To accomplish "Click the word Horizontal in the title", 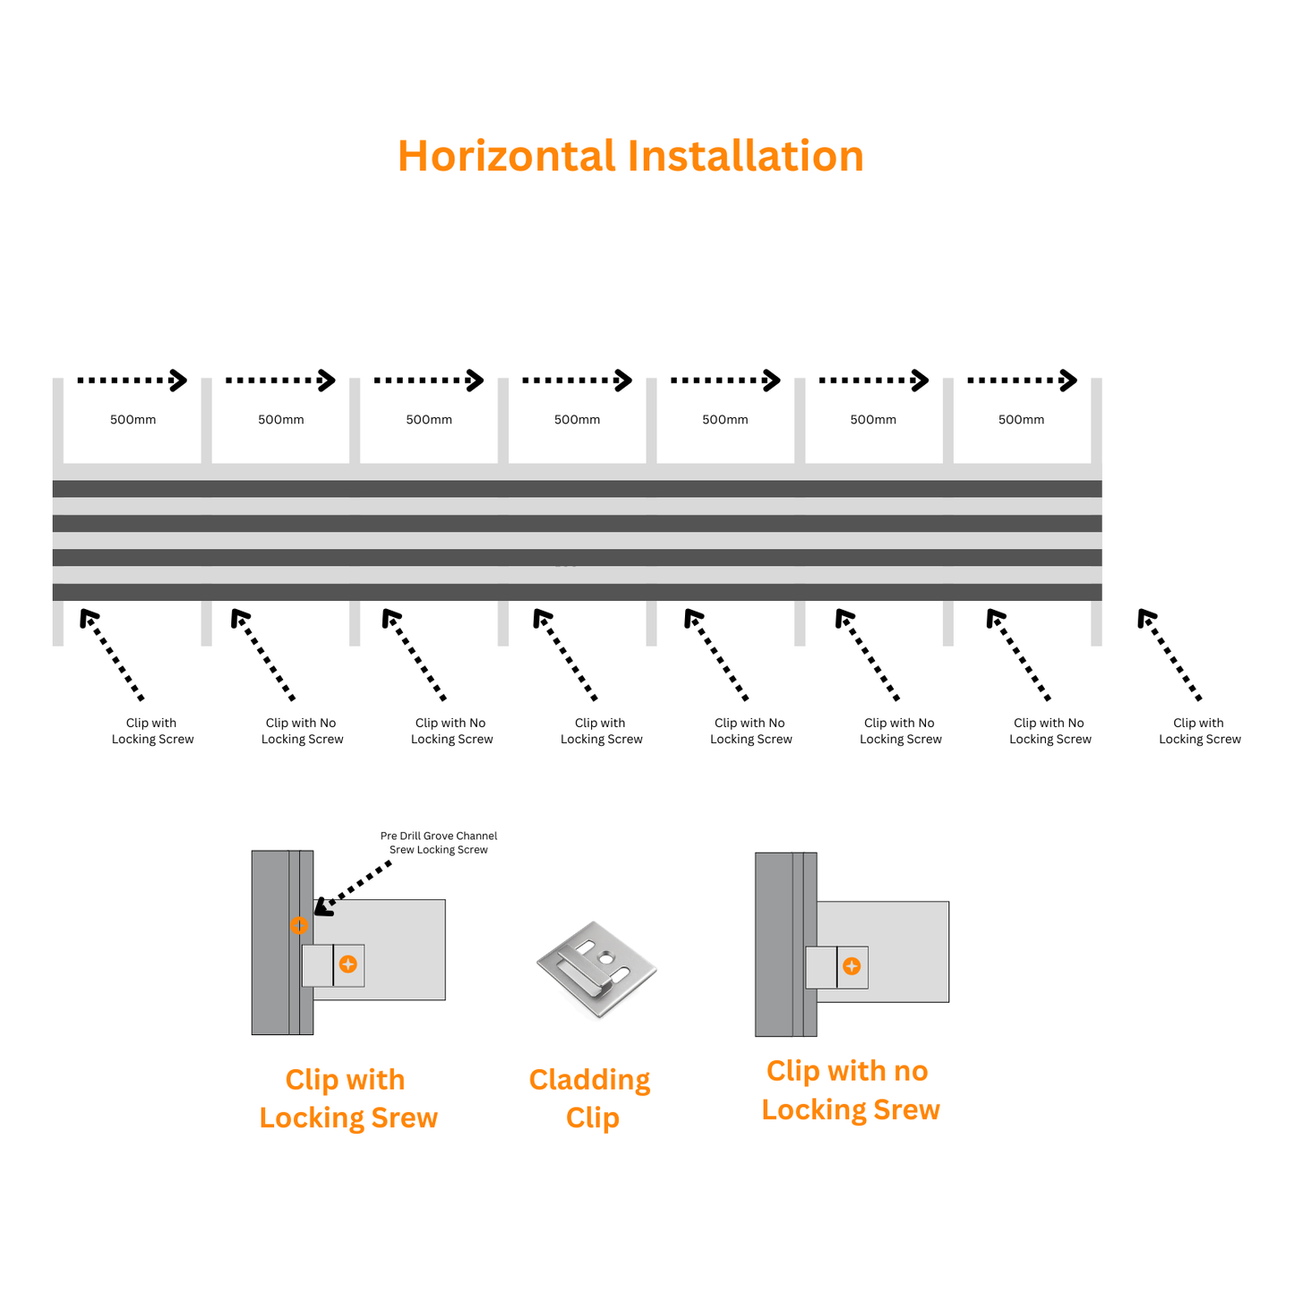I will [507, 156].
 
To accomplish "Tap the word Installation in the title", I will [745, 156].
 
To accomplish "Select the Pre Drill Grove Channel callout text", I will [438, 843].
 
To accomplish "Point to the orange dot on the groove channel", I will [298, 925].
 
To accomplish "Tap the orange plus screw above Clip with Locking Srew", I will [348, 964].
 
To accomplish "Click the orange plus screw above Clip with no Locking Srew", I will [852, 966].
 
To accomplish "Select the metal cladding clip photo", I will [596, 969].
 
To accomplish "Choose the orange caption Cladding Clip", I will [590, 1099].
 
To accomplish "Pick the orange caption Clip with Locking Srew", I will [347, 1099].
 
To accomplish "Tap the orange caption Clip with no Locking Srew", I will [850, 1091].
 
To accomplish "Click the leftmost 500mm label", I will [133, 419].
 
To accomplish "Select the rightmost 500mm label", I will [1021, 419].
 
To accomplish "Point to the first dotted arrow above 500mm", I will [132, 381].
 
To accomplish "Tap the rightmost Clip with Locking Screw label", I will [1200, 731].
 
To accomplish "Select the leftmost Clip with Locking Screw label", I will [152, 731].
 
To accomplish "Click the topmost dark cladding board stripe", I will [577, 489].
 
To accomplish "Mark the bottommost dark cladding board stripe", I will [577, 592].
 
